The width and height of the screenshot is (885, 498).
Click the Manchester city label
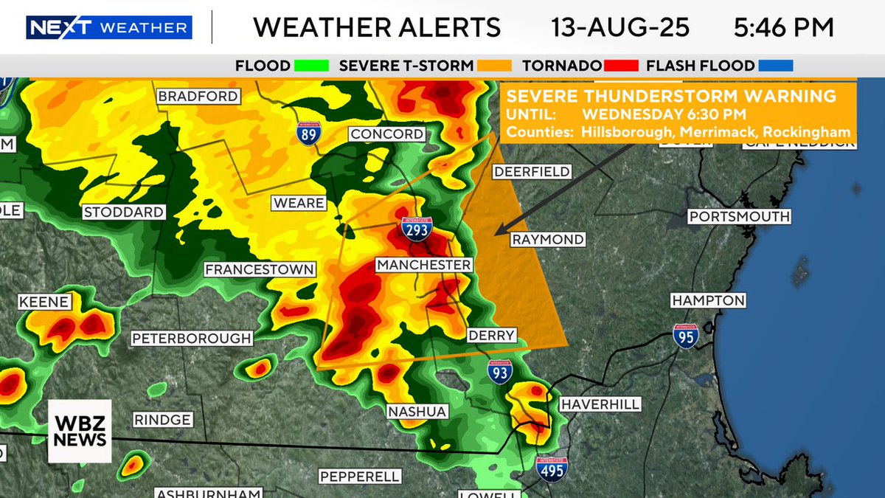(423, 264)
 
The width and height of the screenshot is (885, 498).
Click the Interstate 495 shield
(551, 469)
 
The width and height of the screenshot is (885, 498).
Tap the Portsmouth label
(739, 216)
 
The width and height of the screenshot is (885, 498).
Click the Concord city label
(387, 134)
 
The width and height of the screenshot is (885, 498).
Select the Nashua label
(417, 412)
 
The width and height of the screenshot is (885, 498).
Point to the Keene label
(45, 302)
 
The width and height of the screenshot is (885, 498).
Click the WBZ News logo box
(80, 431)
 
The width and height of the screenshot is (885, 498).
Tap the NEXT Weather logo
(109, 28)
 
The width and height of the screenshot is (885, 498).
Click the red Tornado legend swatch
(621, 66)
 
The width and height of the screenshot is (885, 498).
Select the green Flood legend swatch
(310, 66)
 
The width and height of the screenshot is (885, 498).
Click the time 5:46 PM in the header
(783, 27)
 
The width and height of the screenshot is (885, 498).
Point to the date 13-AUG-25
(620, 27)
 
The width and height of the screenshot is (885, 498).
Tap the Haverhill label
(600, 404)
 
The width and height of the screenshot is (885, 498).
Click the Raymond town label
(548, 240)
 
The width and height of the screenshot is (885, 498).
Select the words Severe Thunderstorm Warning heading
(671, 97)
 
